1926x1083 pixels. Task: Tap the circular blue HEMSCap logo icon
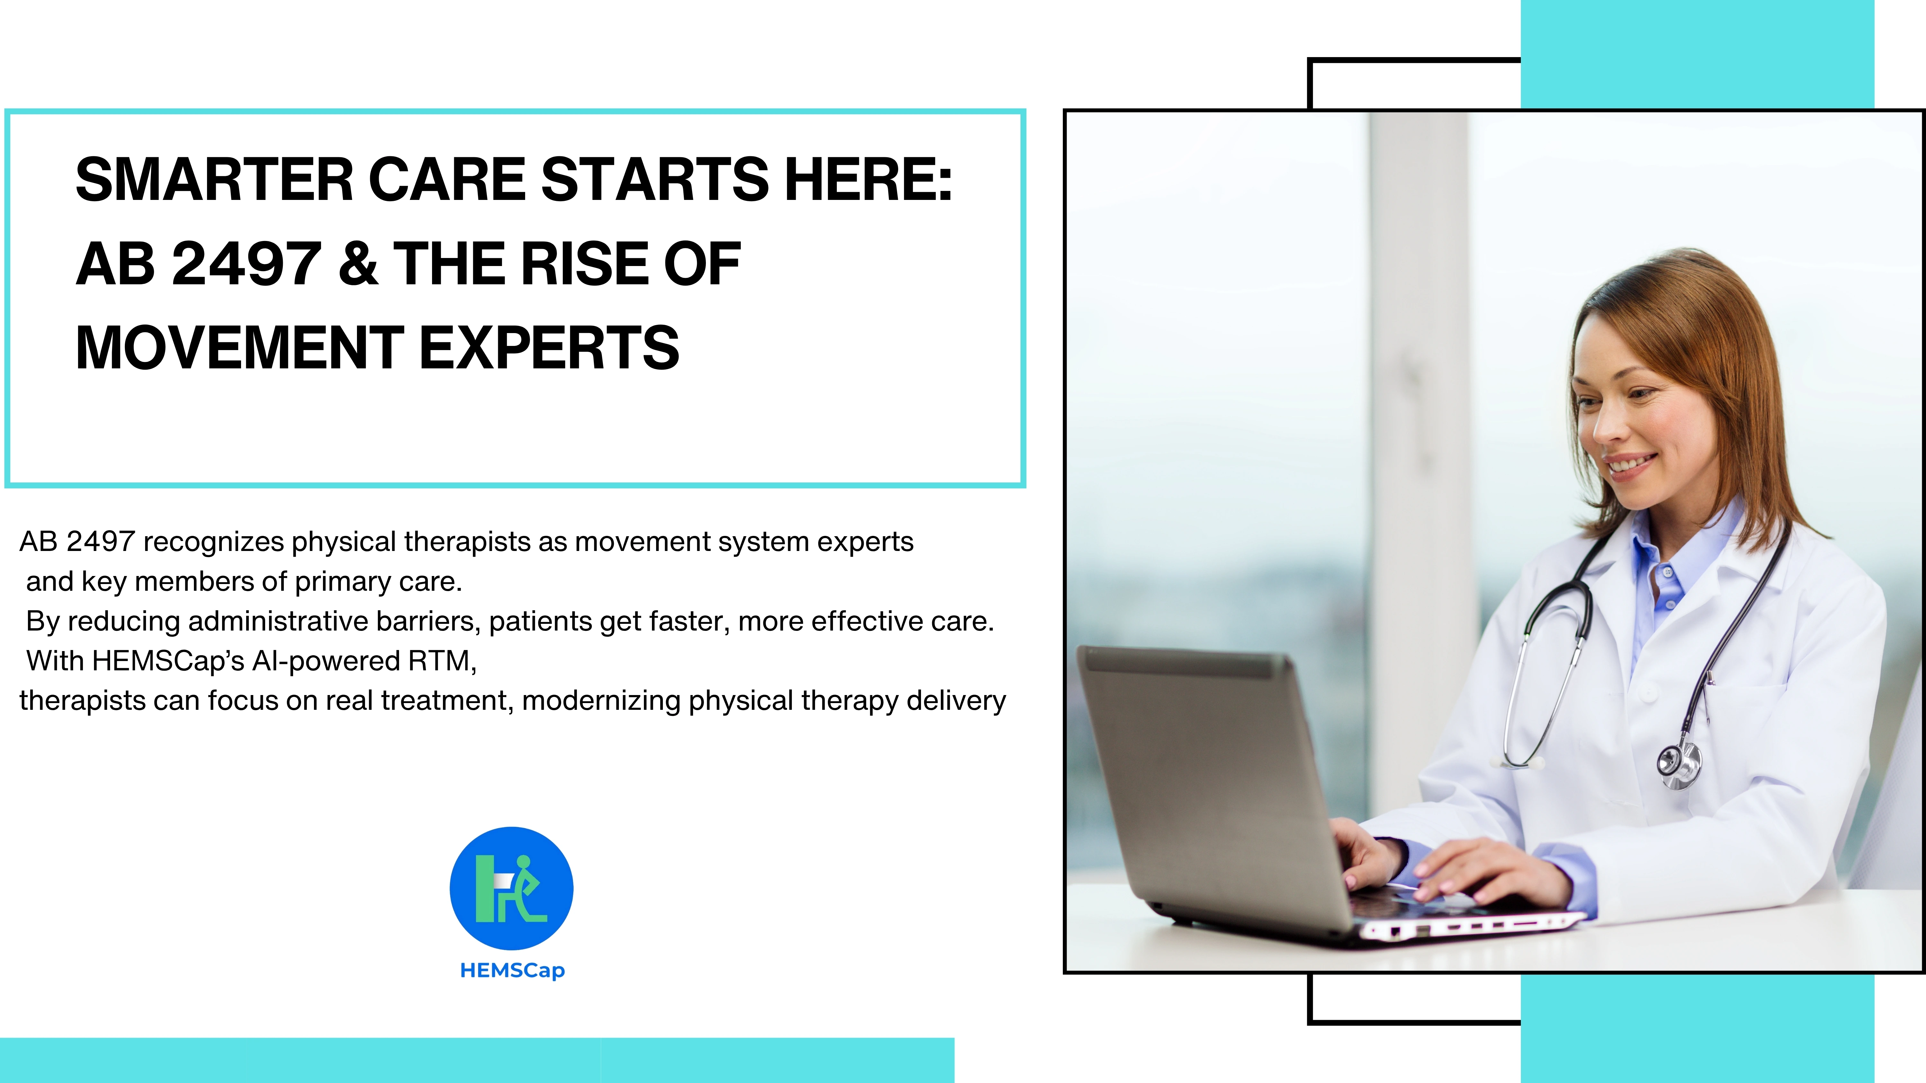point(511,888)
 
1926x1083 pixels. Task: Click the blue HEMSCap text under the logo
point(512,970)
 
